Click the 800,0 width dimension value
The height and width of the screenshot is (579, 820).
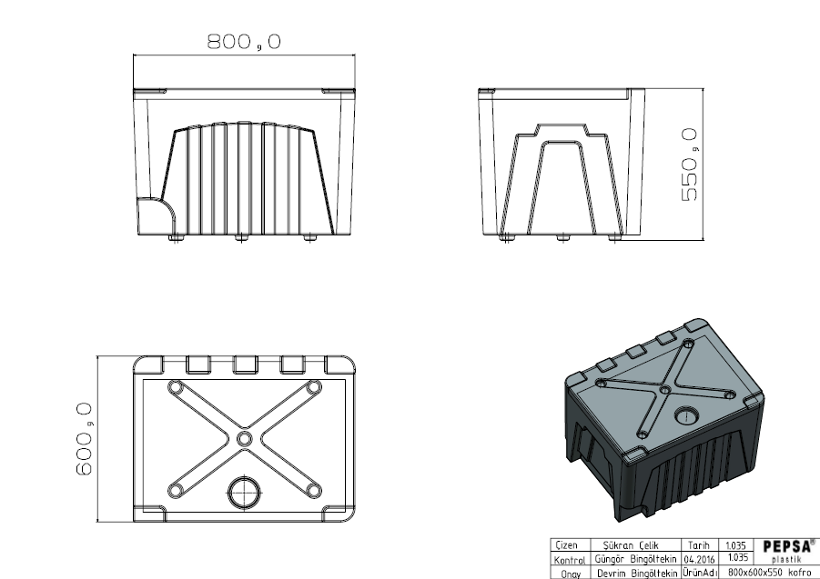[x=244, y=41]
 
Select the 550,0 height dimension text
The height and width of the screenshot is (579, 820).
[x=689, y=165]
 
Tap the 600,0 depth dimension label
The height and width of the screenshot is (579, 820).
[x=85, y=438]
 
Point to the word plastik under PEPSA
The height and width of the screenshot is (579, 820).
[x=785, y=559]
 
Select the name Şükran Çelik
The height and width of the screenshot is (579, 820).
[x=631, y=546]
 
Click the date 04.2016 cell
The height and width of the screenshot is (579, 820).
[x=699, y=560]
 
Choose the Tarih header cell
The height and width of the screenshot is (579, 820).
[x=699, y=546]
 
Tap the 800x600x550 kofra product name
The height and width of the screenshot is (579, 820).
[x=769, y=573]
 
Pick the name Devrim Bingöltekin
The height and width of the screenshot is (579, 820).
[x=637, y=574]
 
